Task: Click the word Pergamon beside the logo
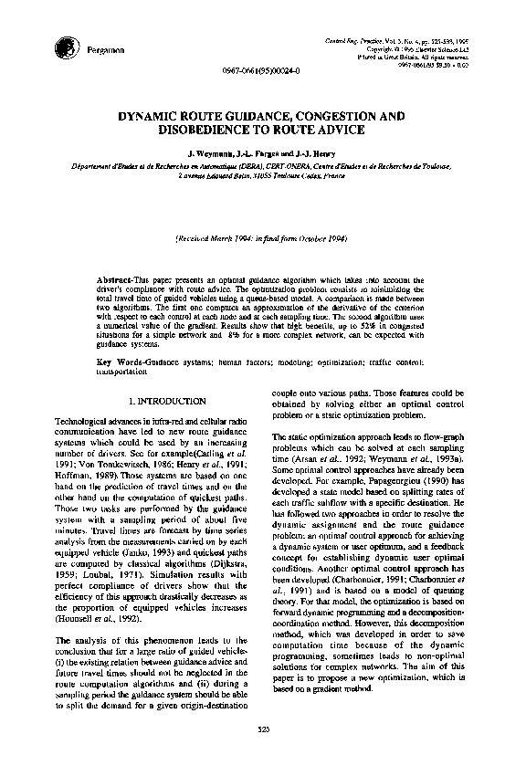[103, 49]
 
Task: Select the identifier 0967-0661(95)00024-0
[259, 70]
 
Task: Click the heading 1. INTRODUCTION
[165, 400]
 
